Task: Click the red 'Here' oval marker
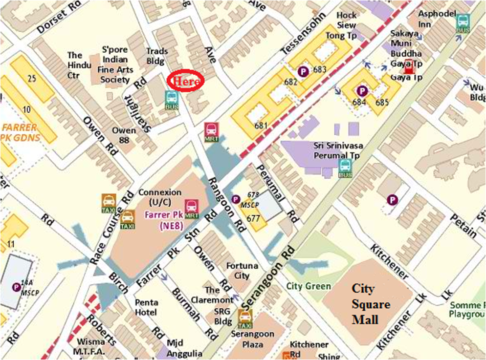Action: pos(184,81)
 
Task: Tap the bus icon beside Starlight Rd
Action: pos(172,101)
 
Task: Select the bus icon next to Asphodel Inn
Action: pos(463,23)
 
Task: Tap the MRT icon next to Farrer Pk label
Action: pos(192,209)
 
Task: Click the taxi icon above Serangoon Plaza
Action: pos(245,318)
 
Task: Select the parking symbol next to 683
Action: pos(303,72)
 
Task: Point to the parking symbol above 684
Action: pos(362,91)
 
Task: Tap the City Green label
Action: pos(309,286)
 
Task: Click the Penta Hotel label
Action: pos(146,307)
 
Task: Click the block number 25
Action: pos(32,78)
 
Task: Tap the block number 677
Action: pos(253,219)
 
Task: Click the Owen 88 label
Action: pos(124,136)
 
